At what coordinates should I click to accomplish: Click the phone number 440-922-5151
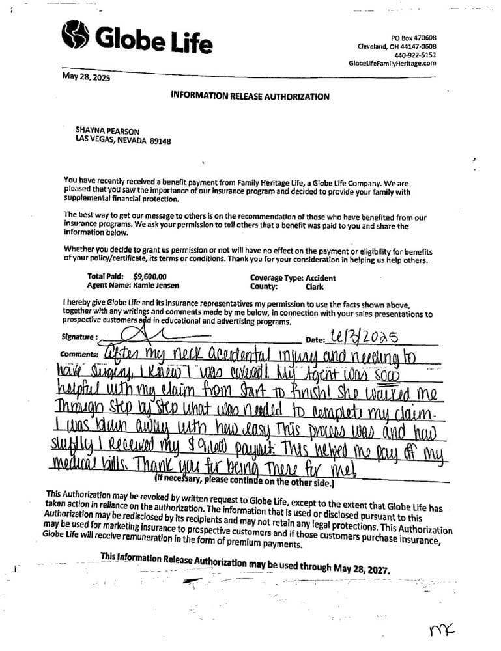click(415, 55)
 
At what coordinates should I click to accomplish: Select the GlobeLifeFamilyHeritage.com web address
click(392, 63)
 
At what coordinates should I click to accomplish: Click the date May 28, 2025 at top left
click(86, 77)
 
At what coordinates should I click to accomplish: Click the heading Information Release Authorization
click(250, 96)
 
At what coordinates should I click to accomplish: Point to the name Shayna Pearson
click(107, 131)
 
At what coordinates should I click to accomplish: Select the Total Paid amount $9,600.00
click(149, 276)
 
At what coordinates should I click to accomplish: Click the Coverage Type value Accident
click(321, 278)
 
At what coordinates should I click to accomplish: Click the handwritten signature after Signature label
click(140, 335)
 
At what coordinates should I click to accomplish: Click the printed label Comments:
click(78, 354)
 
